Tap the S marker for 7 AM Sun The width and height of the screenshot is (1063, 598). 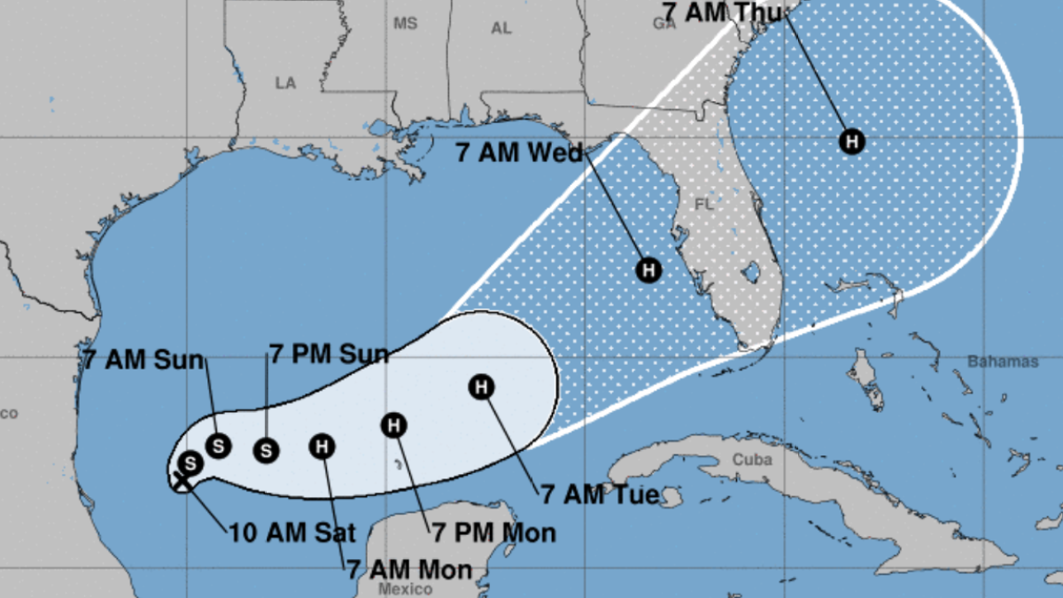coord(218,446)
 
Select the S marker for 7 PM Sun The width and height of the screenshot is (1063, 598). coord(266,450)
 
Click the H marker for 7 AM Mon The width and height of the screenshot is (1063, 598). coord(322,447)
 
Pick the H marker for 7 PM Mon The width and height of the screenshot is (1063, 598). coord(393,425)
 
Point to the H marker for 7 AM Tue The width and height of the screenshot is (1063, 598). coord(482,387)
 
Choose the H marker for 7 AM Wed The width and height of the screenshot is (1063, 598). coord(649,269)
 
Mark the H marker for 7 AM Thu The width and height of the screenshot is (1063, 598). coord(852,141)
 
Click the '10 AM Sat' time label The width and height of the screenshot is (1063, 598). coord(292,533)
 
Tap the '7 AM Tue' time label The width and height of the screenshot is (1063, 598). coord(600,494)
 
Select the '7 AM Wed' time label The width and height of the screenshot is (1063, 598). coord(519,152)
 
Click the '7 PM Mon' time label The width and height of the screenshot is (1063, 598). coord(494,532)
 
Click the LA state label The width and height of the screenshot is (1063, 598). coord(285,82)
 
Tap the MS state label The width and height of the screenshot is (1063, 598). coord(405,24)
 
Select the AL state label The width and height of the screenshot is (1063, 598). coord(501,28)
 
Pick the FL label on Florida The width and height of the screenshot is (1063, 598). coord(704,205)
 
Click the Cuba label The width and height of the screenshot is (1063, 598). coord(753,459)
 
